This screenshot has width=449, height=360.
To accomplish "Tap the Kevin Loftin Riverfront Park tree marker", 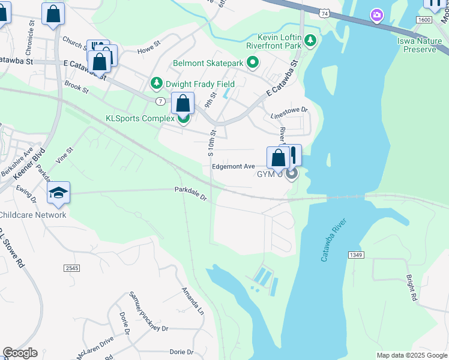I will coord(310,41).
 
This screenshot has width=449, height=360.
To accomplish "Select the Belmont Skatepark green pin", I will coord(253,62).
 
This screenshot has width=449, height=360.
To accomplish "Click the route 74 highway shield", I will coord(324,13).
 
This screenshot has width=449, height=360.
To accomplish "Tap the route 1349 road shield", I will coord(355,255).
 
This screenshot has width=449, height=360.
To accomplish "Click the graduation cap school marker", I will coord(58,193).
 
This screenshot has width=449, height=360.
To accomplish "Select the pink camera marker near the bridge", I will coord(377,14).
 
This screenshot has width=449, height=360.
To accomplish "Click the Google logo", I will coord(20,353).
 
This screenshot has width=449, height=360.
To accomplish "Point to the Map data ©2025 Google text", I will coord(411,355).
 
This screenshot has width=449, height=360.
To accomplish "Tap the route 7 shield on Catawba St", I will coord(160,101).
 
